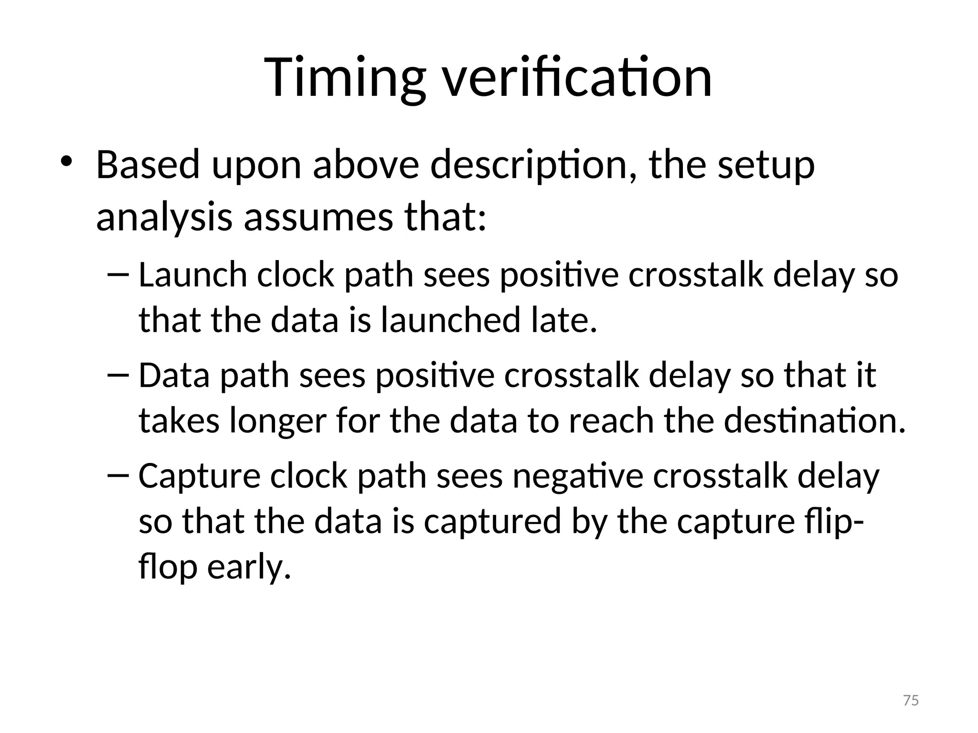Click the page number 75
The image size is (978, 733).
(x=911, y=701)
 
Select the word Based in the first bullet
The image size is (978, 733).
(x=148, y=165)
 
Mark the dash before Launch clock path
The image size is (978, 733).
(x=118, y=275)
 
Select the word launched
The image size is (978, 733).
(x=450, y=320)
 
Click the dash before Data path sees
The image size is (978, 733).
(x=118, y=376)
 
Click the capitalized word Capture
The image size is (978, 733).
(x=200, y=476)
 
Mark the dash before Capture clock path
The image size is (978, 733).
(x=118, y=476)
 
